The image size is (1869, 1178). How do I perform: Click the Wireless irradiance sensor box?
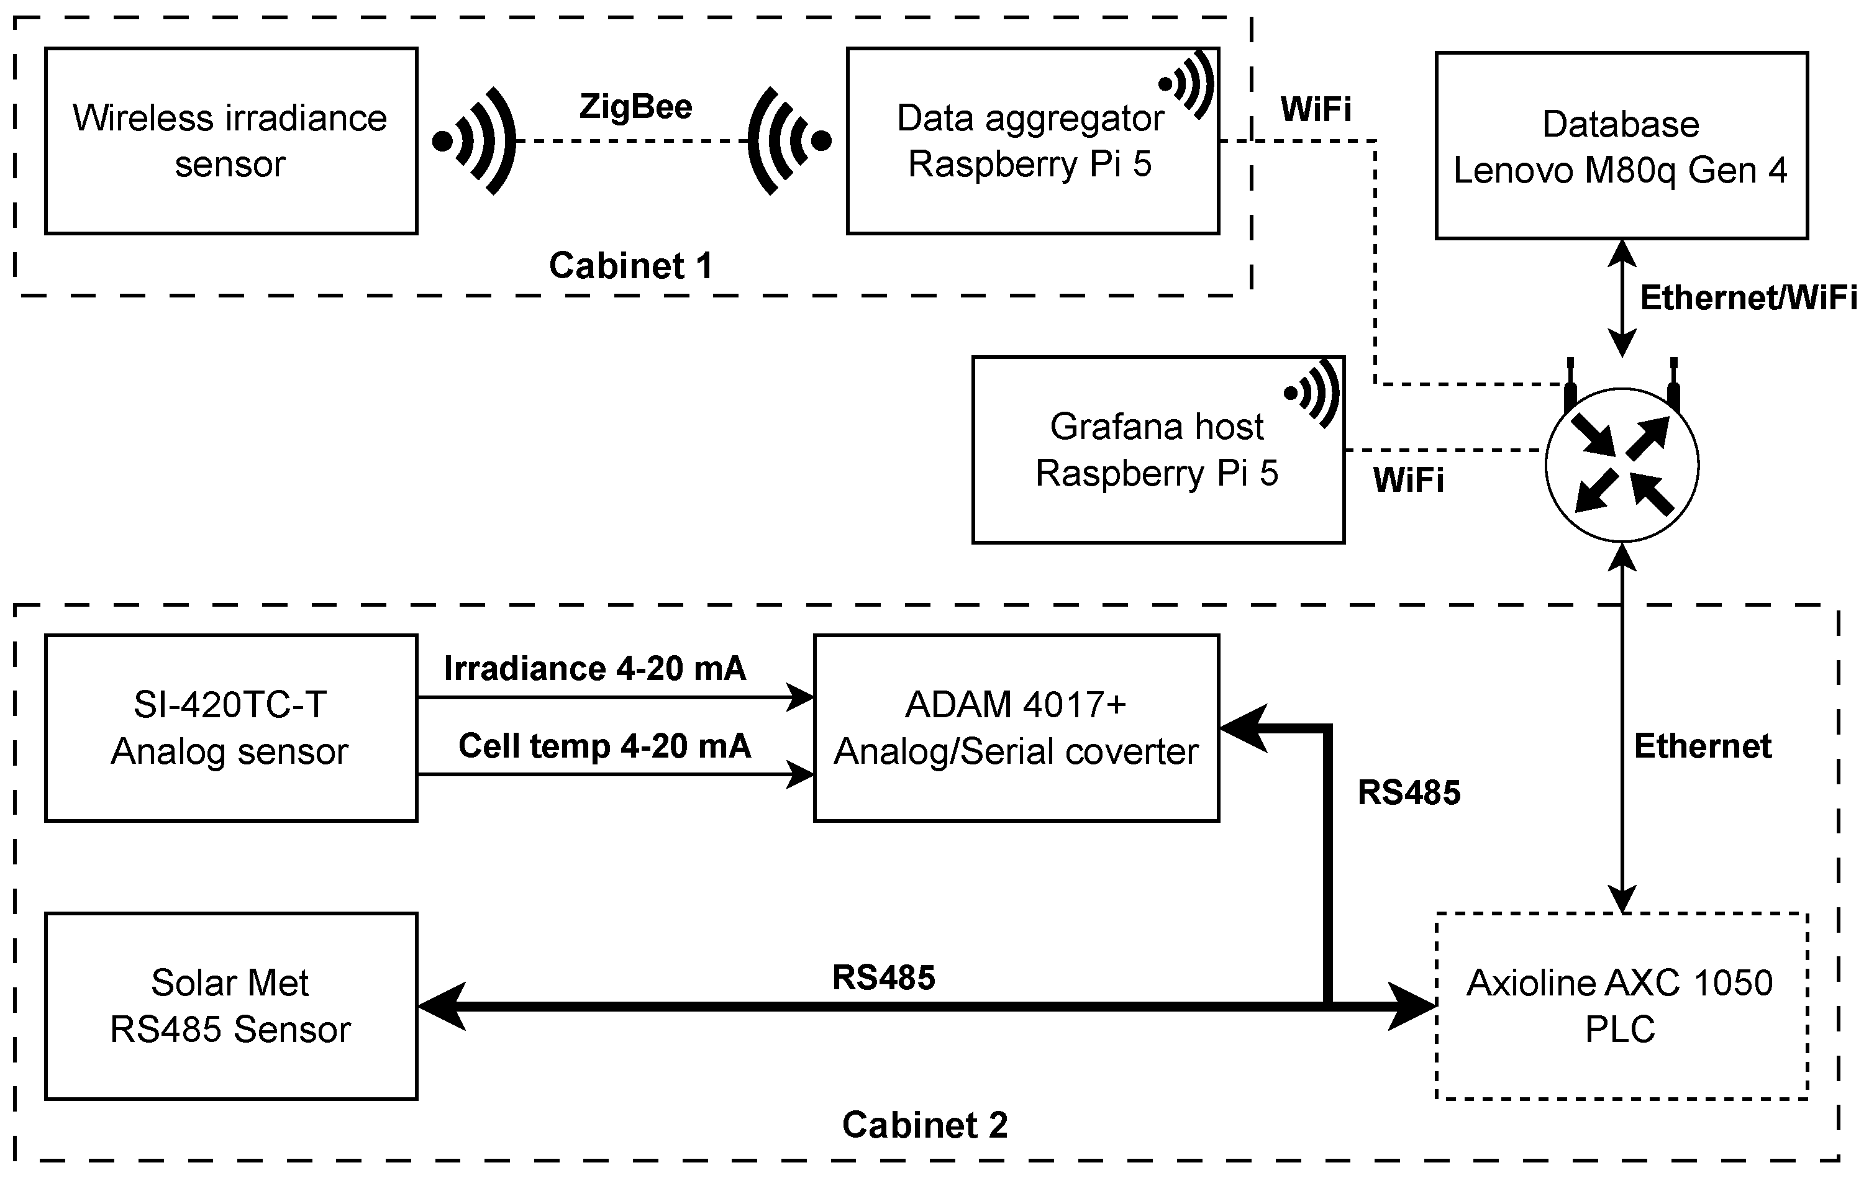click(230, 140)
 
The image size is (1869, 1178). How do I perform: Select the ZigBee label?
click(635, 106)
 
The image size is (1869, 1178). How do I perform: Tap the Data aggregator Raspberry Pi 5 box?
click(1032, 140)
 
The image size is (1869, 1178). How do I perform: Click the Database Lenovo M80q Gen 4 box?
click(1621, 146)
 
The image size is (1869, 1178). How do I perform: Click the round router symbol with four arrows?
click(1621, 465)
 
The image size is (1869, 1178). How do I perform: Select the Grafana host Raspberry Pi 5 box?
click(1157, 450)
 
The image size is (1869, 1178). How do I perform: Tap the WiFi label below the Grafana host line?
click(1408, 479)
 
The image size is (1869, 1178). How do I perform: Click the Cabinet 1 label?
click(630, 265)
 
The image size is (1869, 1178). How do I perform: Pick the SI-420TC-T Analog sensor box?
click(230, 727)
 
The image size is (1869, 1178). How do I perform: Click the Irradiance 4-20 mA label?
click(594, 668)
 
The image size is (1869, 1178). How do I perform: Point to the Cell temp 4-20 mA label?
click(604, 746)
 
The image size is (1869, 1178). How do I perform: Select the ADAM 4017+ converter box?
click(1016, 727)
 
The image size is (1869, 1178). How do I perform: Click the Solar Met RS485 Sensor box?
click(230, 1006)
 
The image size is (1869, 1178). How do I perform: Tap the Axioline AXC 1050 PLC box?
click(1621, 1006)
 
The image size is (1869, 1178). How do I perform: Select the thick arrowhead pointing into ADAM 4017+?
click(1242, 728)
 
